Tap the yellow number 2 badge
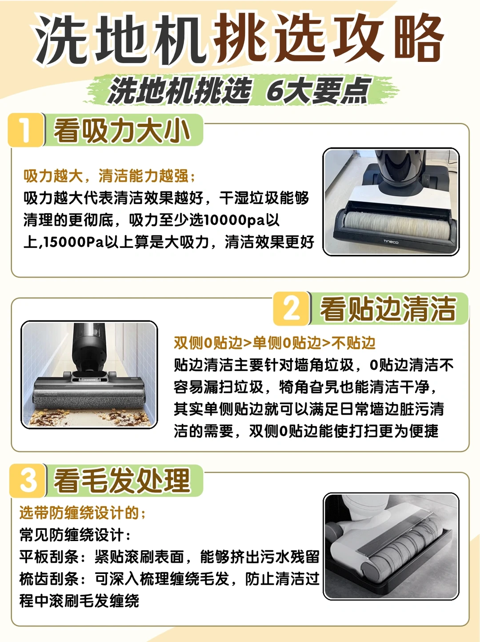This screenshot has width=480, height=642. pos(291,309)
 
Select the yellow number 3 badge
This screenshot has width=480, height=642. pos(28,480)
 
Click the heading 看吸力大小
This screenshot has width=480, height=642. pos(122,130)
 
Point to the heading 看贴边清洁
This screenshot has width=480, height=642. pos(388,309)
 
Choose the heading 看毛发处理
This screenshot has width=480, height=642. pos(122,481)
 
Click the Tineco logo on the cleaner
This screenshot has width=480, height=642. pos(391,242)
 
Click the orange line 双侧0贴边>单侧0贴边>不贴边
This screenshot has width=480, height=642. pos(274,343)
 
